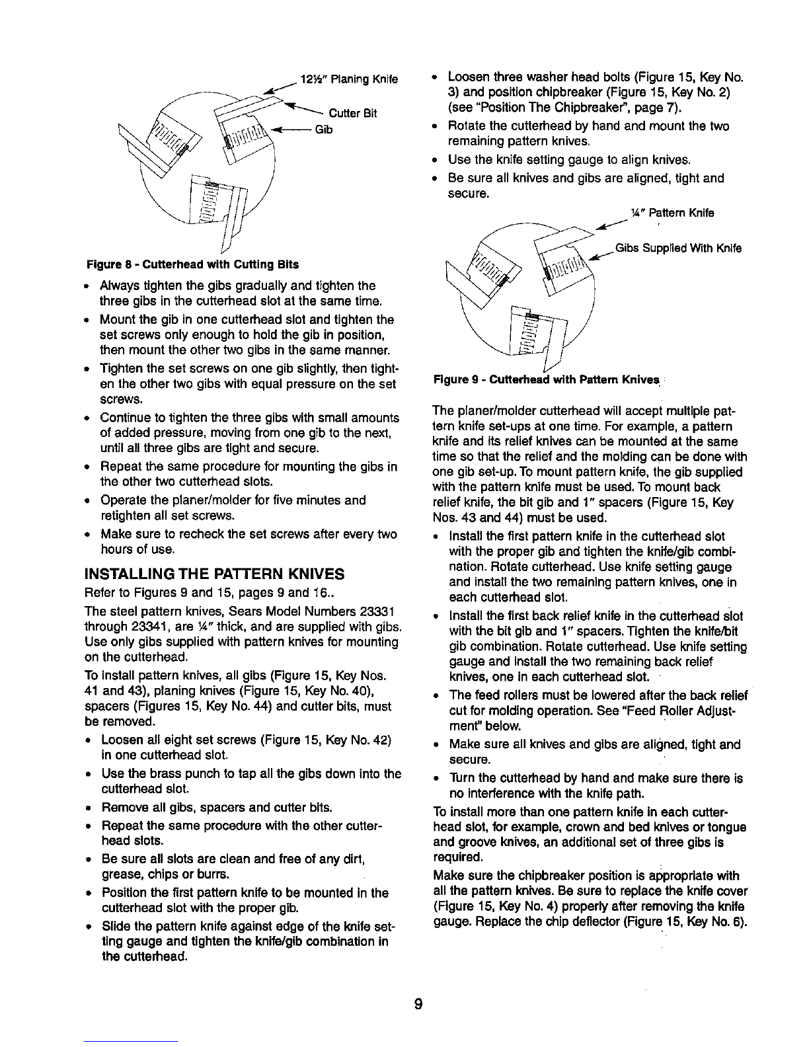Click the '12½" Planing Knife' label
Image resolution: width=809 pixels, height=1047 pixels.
(350, 79)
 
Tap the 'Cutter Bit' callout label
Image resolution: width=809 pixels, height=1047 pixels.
(353, 113)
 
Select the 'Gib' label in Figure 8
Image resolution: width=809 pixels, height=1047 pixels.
(324, 130)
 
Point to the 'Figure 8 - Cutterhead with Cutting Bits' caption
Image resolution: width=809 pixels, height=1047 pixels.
(193, 264)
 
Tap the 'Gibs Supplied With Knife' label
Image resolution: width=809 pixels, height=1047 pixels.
(678, 248)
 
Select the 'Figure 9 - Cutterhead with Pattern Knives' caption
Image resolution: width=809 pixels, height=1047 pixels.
(547, 379)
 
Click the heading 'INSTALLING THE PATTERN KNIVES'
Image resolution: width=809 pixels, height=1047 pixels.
(214, 574)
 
